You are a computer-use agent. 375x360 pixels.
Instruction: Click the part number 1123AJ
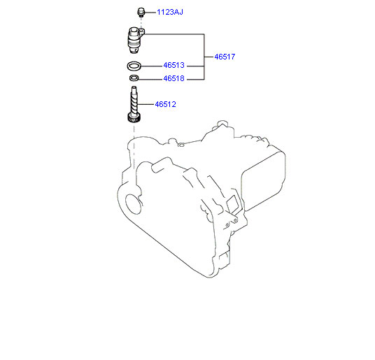pyautogui.click(x=170, y=12)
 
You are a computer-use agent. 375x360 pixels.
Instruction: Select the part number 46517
pyautogui.click(x=225, y=57)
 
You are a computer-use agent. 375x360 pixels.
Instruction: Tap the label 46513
pyautogui.click(x=174, y=65)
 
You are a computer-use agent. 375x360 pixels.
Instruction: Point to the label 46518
pyautogui.click(x=174, y=78)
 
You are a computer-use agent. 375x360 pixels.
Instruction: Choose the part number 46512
pyautogui.click(x=166, y=104)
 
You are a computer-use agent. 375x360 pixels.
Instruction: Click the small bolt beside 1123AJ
pyautogui.click(x=141, y=12)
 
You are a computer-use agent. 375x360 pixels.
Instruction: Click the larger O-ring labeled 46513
pyautogui.click(x=134, y=69)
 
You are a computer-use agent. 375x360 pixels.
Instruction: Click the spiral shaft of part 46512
pyautogui.click(x=134, y=101)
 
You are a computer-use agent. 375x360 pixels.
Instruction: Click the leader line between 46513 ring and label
pyautogui.click(x=152, y=66)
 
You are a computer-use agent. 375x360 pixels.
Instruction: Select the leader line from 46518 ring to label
pyautogui.click(x=150, y=79)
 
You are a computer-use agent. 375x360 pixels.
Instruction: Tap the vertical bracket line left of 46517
pyautogui.click(x=204, y=57)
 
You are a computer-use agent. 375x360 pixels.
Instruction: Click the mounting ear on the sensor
pyautogui.click(x=141, y=31)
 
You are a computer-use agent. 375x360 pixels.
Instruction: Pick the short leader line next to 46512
pyautogui.click(x=146, y=104)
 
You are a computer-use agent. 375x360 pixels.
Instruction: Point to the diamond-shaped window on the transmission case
pyautogui.click(x=232, y=203)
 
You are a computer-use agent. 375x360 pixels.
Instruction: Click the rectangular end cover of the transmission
pyautogui.click(x=263, y=182)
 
